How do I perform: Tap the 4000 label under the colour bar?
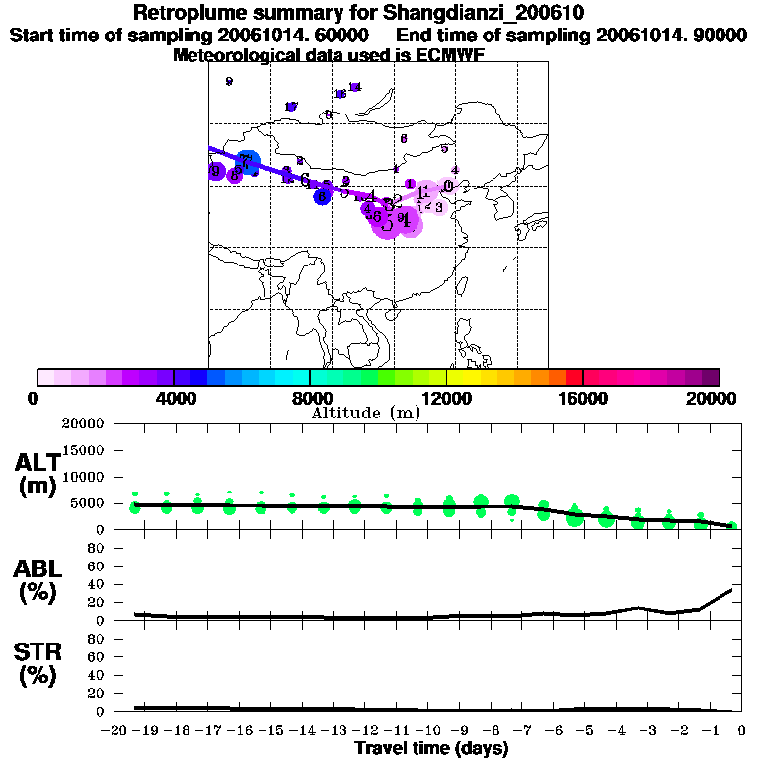coord(174,398)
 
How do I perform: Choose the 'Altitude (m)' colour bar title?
coord(365,413)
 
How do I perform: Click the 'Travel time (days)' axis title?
coord(431,748)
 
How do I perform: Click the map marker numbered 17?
coord(291,107)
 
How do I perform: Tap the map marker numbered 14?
coord(355,87)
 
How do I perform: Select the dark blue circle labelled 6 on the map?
coord(322,197)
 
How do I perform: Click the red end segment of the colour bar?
coord(574,377)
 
